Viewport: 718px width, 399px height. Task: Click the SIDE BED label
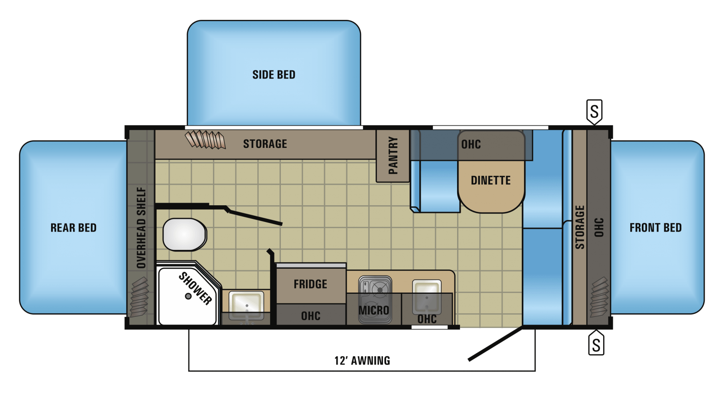click(274, 75)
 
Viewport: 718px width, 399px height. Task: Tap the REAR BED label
click(73, 228)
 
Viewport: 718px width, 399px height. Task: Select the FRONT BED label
click(655, 228)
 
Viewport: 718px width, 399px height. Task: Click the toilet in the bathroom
click(184, 234)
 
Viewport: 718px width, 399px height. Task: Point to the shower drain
click(188, 296)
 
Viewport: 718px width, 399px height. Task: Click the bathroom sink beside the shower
click(246, 306)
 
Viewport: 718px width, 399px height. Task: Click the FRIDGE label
click(310, 284)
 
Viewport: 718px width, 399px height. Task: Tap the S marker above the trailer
click(594, 112)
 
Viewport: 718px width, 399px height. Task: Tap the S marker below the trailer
click(596, 343)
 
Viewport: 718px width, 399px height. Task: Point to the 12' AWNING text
click(362, 361)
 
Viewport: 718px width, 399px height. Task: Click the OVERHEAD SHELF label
click(141, 228)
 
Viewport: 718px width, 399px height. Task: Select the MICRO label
click(374, 310)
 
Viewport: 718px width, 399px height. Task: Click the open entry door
click(495, 344)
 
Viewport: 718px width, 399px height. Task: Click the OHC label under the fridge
click(311, 316)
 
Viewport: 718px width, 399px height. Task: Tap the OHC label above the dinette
click(471, 144)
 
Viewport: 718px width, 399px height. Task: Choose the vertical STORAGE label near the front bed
click(580, 227)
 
